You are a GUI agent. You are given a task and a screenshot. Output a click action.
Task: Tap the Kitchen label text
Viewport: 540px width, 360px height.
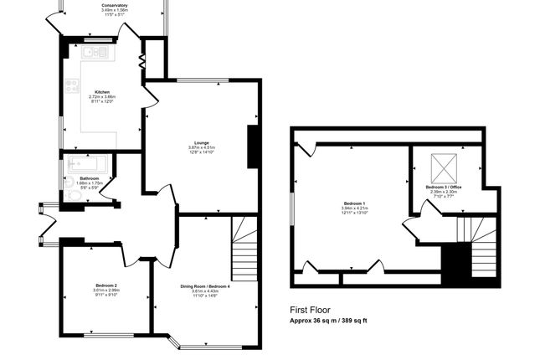[101, 92]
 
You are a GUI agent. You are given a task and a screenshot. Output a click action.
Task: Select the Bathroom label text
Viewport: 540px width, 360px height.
[90, 178]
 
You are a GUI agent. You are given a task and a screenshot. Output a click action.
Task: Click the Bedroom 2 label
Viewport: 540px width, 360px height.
[105, 286]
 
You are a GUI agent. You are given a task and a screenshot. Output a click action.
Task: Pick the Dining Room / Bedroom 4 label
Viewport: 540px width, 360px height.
[204, 286]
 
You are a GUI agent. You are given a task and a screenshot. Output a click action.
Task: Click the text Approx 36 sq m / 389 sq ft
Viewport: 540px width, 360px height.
[328, 321]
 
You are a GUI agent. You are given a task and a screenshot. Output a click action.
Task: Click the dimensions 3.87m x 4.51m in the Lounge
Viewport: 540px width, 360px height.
[201, 148]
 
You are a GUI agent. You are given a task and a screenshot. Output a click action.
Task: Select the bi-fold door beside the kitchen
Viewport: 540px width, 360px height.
[141, 64]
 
